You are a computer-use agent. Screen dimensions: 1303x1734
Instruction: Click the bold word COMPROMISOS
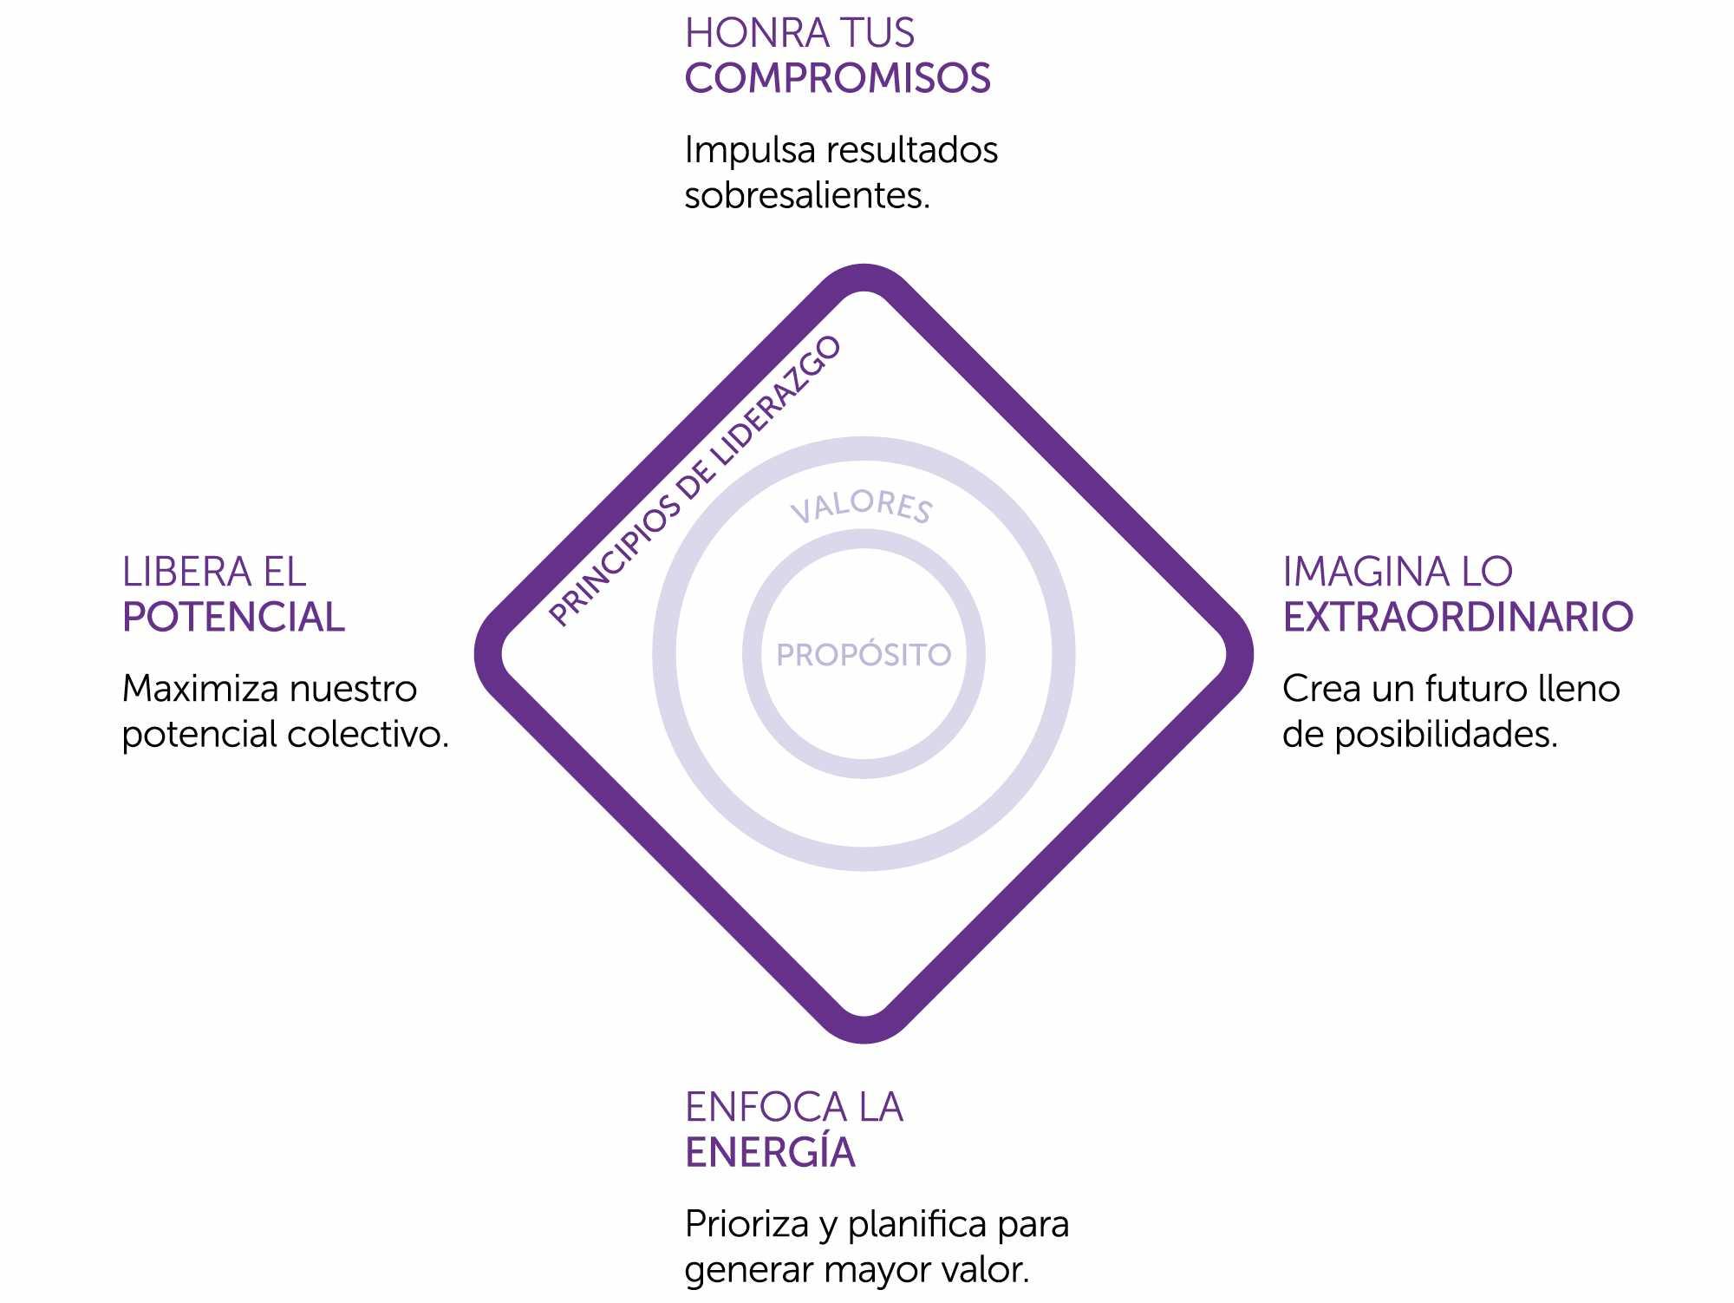(838, 79)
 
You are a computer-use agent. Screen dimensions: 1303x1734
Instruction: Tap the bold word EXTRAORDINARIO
(1457, 618)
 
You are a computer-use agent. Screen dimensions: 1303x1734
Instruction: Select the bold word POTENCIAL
(233, 618)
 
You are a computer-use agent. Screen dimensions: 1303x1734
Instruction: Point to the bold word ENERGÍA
(770, 1153)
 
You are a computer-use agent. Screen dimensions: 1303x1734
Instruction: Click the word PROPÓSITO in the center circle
(864, 655)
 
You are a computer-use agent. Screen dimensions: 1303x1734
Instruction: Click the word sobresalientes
(806, 196)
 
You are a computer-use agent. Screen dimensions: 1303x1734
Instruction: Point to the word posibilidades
(1445, 735)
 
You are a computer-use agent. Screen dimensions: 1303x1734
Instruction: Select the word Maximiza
(200, 689)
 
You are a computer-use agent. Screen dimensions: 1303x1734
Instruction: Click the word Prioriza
(747, 1225)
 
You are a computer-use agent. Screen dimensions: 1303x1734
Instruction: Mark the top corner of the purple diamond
(864, 278)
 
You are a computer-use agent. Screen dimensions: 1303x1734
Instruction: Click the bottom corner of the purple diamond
(864, 1029)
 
